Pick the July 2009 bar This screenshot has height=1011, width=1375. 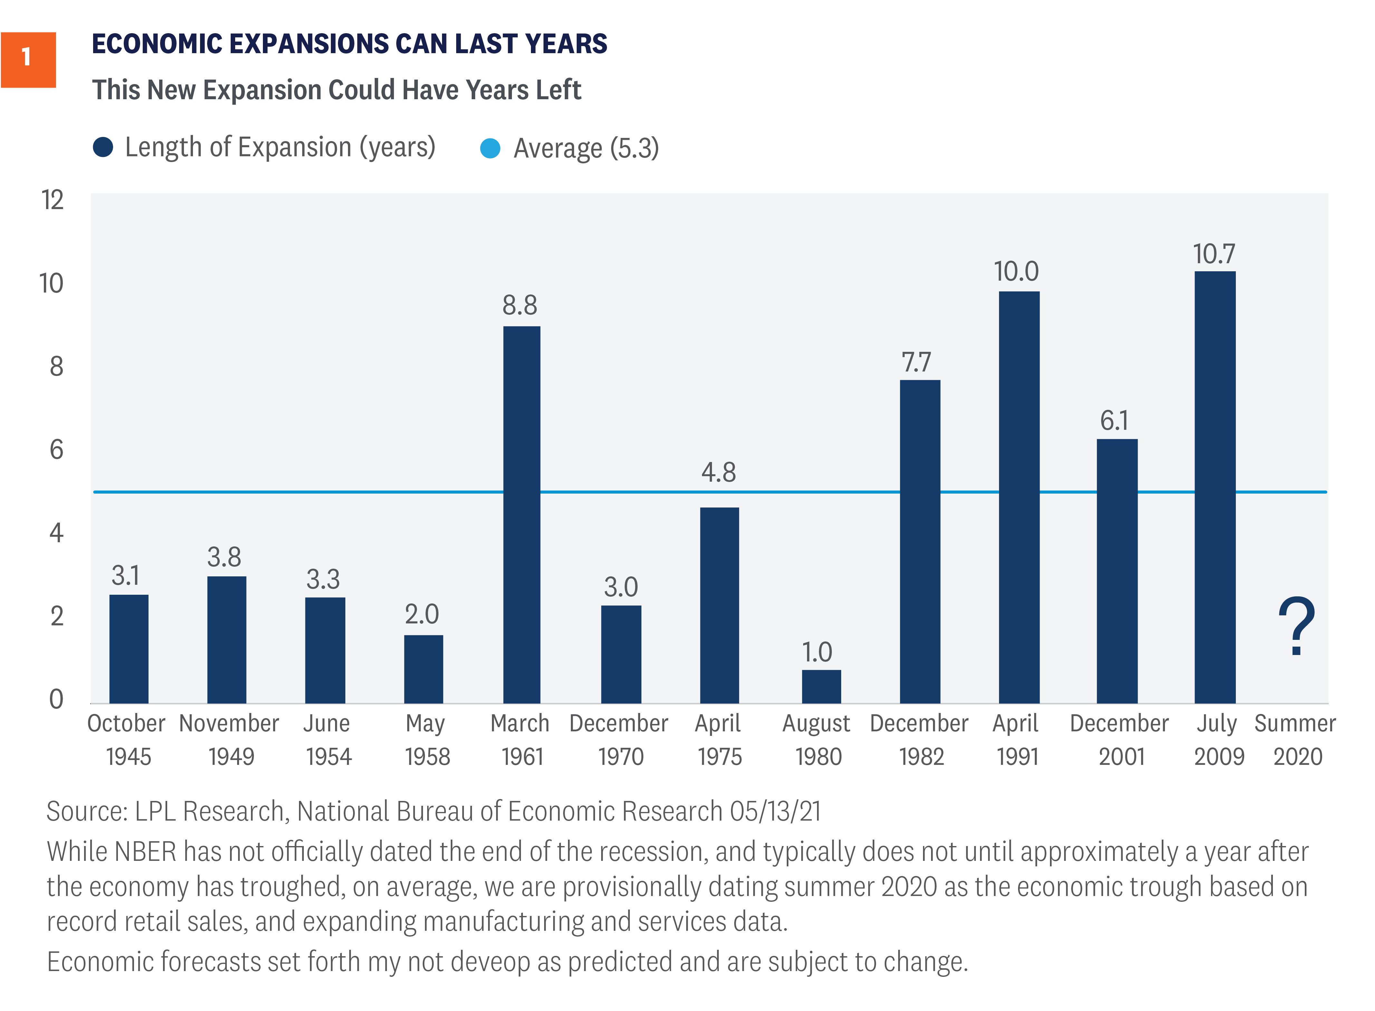1215,486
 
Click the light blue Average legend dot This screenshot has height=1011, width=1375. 490,148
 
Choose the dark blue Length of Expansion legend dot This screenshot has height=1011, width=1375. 103,147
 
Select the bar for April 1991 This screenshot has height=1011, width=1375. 1019,497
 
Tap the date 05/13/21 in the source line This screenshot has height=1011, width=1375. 775,812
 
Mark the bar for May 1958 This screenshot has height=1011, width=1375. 423,669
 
